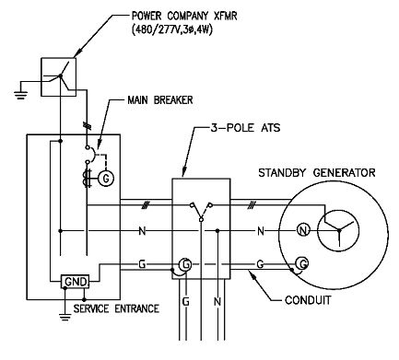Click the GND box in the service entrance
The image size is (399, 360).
point(72,281)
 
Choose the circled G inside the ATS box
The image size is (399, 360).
point(186,266)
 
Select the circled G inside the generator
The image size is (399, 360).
point(299,266)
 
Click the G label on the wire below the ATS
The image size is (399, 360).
point(185,302)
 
